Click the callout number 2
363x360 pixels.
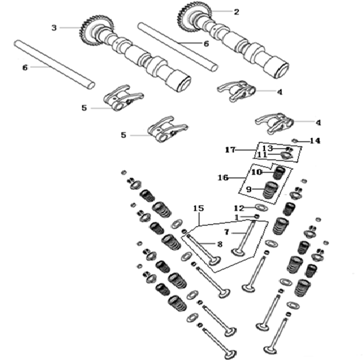point(236,12)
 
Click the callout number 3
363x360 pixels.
point(54,28)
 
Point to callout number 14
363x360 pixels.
point(315,141)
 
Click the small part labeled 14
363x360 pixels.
point(294,140)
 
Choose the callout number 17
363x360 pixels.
point(230,150)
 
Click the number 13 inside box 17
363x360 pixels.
point(268,148)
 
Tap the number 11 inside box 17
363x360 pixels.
point(262,155)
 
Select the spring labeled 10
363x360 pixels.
point(279,173)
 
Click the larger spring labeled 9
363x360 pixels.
point(271,190)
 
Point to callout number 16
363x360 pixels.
point(223,178)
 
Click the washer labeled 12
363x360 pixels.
point(261,207)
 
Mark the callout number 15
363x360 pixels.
point(198,208)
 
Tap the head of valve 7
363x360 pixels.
point(238,252)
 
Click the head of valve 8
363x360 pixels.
point(214,261)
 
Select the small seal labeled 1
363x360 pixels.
point(256,217)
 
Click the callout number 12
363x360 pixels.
point(239,208)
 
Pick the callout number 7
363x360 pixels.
point(226,232)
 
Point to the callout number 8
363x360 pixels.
point(220,244)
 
